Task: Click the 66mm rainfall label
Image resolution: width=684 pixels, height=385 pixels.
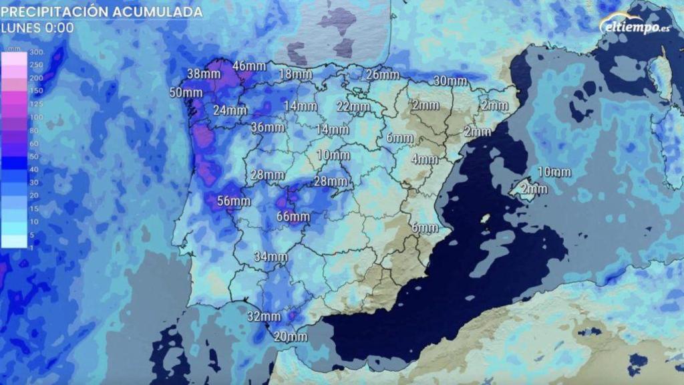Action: point(293,217)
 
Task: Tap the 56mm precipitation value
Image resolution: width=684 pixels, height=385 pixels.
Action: point(234,201)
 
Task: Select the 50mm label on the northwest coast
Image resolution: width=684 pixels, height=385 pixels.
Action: point(186,93)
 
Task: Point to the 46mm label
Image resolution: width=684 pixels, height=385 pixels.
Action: point(250,66)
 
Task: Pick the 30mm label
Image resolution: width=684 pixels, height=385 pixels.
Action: point(450,81)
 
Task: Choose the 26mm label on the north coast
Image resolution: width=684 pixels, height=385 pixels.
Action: point(383,75)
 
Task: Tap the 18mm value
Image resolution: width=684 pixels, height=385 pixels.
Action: point(295,74)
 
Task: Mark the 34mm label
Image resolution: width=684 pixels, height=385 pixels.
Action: point(271,257)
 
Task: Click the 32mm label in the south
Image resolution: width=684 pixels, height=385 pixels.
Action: point(263,316)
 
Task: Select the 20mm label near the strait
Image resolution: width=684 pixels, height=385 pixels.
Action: point(291,336)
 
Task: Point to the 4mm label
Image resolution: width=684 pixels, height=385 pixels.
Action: point(424,159)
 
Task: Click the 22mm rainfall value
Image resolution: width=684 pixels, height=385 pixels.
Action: point(353,106)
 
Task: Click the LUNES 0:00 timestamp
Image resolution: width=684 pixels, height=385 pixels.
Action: point(37,28)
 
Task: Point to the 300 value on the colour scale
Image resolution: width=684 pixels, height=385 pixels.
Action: point(36,52)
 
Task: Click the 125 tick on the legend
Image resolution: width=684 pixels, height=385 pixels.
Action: point(36,104)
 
